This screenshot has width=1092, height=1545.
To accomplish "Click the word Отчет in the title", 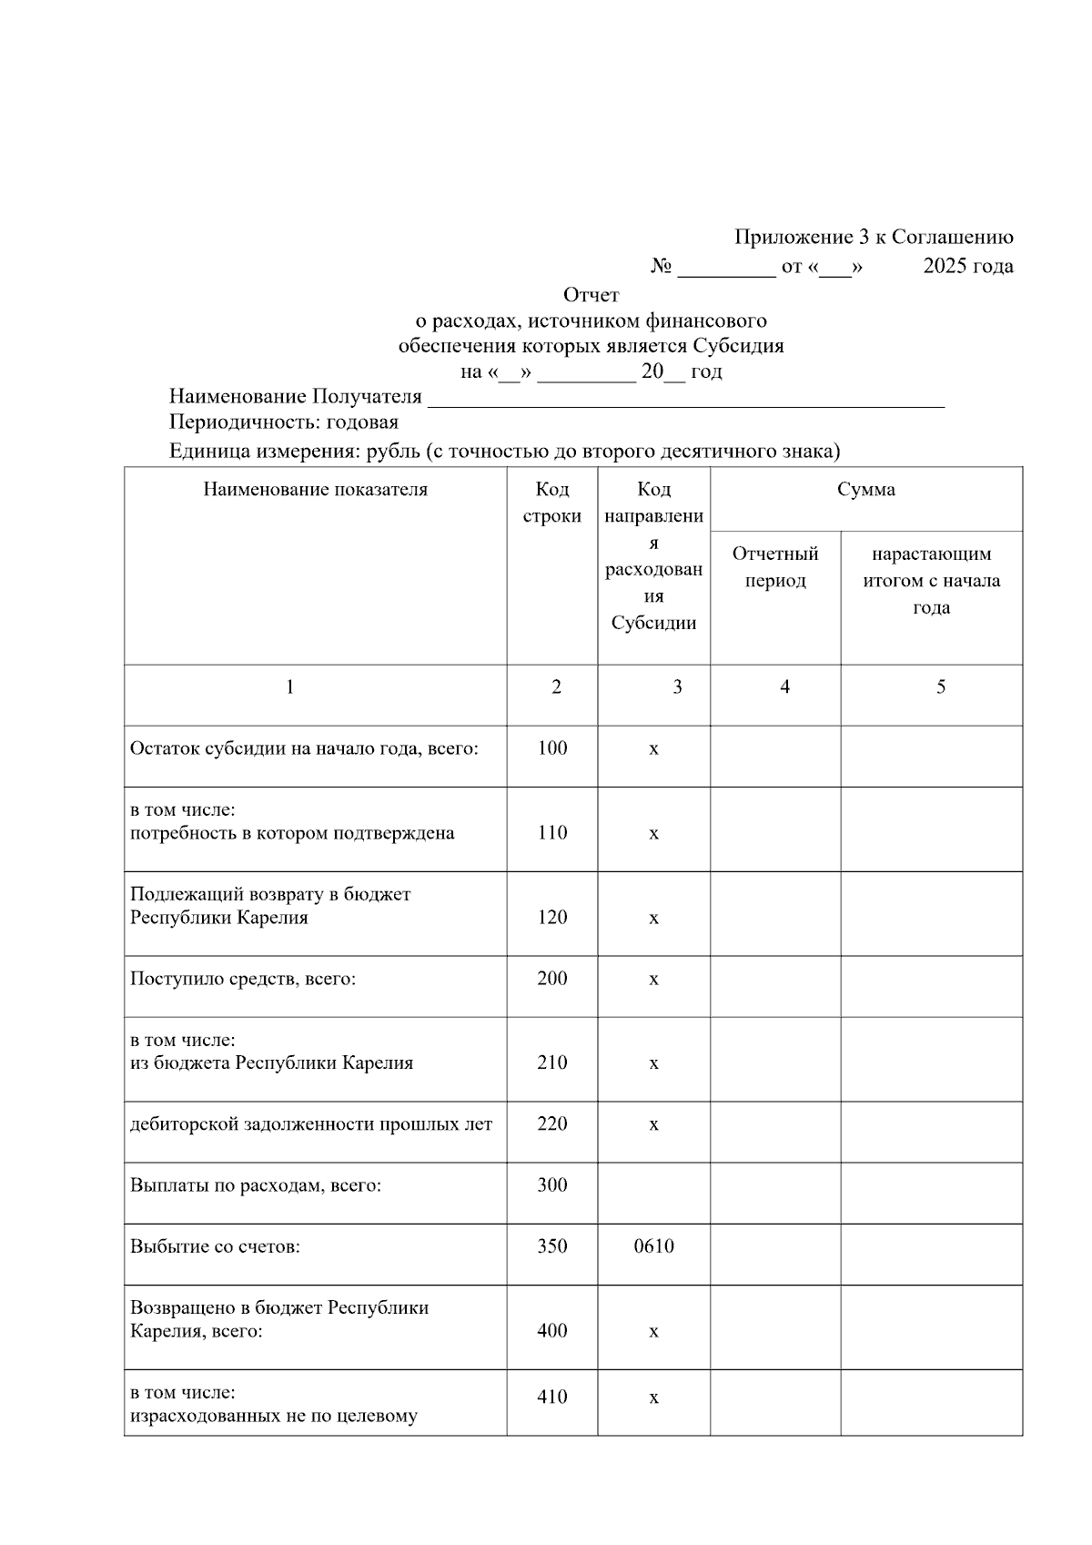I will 591,295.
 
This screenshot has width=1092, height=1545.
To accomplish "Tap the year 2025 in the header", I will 944,266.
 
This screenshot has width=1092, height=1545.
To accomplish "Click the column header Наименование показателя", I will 315,490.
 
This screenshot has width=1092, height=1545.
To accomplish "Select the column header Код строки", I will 551,503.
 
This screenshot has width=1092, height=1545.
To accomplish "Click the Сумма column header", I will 865,490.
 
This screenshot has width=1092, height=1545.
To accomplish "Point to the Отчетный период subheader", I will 775,567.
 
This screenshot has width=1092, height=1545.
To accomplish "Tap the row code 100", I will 551,748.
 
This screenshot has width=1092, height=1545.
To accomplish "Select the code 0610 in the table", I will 653,1246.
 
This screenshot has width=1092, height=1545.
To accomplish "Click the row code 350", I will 551,1246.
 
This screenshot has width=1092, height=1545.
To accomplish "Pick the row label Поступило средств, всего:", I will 243,980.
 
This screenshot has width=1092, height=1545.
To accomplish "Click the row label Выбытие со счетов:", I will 215,1246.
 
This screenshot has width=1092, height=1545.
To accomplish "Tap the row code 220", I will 551,1124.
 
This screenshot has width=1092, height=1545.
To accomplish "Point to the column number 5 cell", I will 940,687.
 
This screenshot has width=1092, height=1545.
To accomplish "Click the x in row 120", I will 653,919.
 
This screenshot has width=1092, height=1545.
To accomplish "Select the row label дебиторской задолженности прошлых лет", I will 311,1124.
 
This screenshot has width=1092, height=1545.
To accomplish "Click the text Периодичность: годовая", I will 284,422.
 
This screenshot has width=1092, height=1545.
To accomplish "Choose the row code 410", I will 551,1397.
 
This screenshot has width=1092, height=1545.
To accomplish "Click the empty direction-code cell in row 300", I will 653,1193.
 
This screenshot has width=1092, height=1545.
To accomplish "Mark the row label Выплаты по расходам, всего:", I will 256,1185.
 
